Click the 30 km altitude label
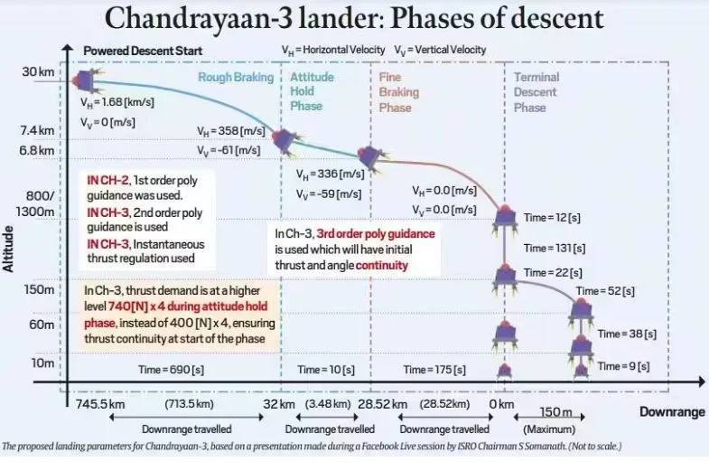tap(38, 72)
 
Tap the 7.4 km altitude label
tap(37, 130)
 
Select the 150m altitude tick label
tap(40, 289)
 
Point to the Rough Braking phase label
tap(236, 78)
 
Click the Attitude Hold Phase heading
tap(312, 91)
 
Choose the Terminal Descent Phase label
tap(536, 92)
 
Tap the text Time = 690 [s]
tap(171, 370)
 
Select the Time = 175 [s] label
tap(434, 370)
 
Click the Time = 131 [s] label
tap(555, 248)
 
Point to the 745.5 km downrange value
tap(100, 403)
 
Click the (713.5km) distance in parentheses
tap(189, 403)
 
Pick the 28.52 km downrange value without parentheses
tap(383, 404)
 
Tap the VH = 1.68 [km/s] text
tap(117, 102)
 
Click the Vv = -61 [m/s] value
tap(229, 150)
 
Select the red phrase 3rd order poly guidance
tap(376, 233)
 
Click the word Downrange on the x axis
tap(672, 411)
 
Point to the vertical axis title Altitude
tap(8, 249)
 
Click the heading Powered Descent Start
tap(143, 51)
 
